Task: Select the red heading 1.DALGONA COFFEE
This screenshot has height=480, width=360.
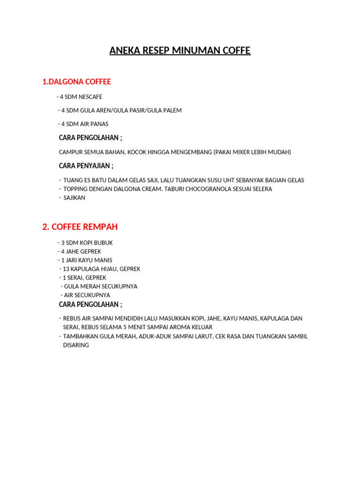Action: click(x=76, y=82)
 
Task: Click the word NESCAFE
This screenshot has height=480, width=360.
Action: click(x=90, y=97)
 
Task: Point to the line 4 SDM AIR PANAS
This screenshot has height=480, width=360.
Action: click(x=83, y=124)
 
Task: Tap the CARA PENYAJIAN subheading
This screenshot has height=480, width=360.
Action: click(x=86, y=166)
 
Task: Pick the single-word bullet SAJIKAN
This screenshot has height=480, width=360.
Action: click(x=75, y=198)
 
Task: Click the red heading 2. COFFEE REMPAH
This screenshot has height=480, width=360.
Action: click(x=80, y=227)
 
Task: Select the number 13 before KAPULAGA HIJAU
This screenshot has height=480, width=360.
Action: click(x=66, y=269)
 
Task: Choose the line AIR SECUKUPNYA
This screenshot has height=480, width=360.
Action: click(x=86, y=295)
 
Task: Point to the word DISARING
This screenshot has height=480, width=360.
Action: click(x=76, y=345)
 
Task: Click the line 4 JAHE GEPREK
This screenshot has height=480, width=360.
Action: click(x=79, y=252)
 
